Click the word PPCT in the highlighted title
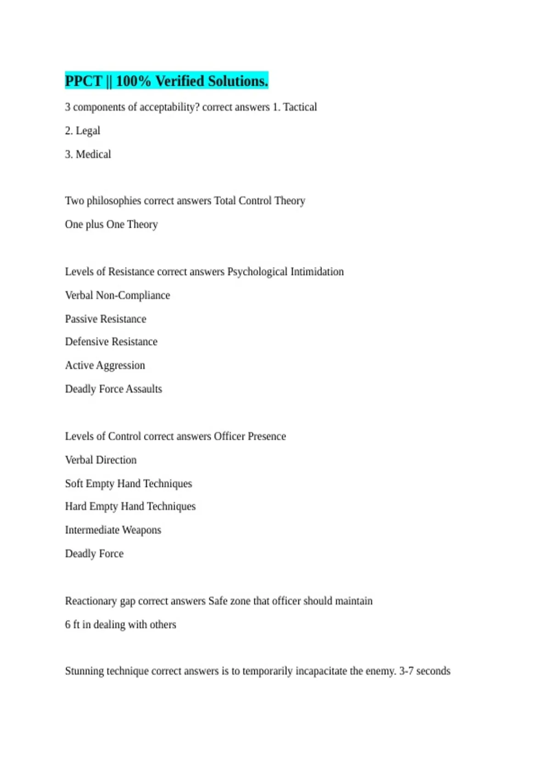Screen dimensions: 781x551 coord(83,81)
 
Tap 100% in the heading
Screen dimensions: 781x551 coord(133,81)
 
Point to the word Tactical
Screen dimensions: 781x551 coord(300,107)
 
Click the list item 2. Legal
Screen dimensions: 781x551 coord(83,131)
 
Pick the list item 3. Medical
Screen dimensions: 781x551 coord(88,154)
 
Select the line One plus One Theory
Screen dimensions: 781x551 coord(111,225)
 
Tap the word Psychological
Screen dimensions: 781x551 coord(257,272)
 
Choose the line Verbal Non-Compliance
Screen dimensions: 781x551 coord(118,295)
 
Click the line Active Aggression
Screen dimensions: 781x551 coord(105,366)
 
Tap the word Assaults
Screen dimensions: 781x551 coord(144,389)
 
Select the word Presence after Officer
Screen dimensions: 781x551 coord(267,436)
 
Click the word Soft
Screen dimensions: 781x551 coord(74,484)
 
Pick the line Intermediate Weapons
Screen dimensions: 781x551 coord(113,530)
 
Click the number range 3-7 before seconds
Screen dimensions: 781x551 coord(406,671)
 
